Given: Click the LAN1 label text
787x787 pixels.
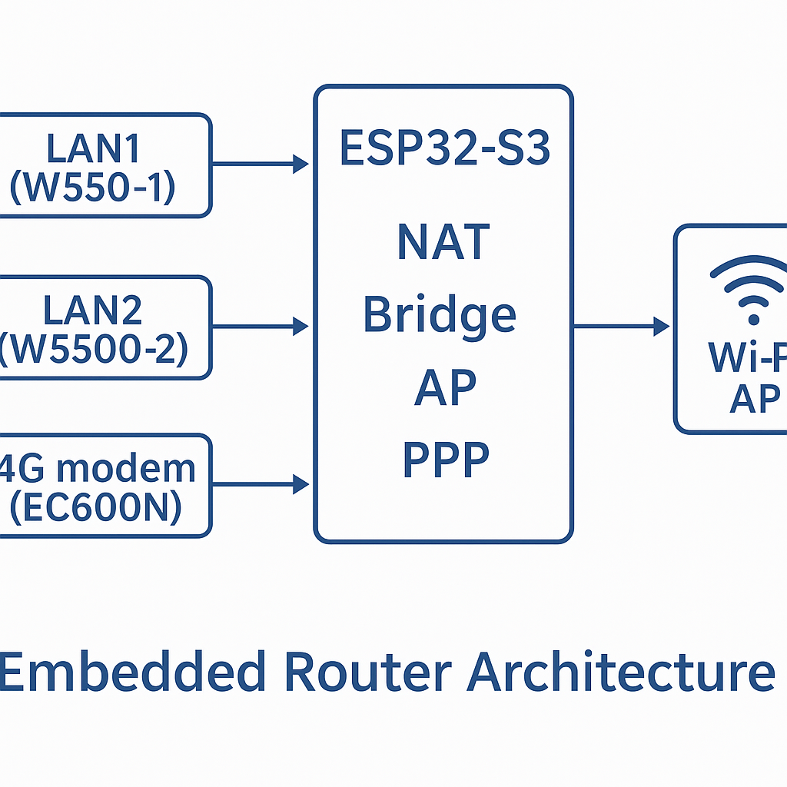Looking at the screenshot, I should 94,149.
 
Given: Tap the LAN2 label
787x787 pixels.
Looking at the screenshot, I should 92,311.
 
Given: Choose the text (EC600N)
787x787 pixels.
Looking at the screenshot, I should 95,508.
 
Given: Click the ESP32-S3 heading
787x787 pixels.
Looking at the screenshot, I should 444,150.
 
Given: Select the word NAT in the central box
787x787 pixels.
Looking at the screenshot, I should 443,241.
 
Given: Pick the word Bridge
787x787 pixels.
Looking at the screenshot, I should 439,315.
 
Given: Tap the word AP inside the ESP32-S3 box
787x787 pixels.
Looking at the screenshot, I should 445,387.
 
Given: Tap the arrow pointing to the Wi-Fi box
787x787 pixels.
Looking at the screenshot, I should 621,327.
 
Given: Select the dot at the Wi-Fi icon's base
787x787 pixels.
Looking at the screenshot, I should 753,318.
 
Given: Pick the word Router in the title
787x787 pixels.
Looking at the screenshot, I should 367,670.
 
